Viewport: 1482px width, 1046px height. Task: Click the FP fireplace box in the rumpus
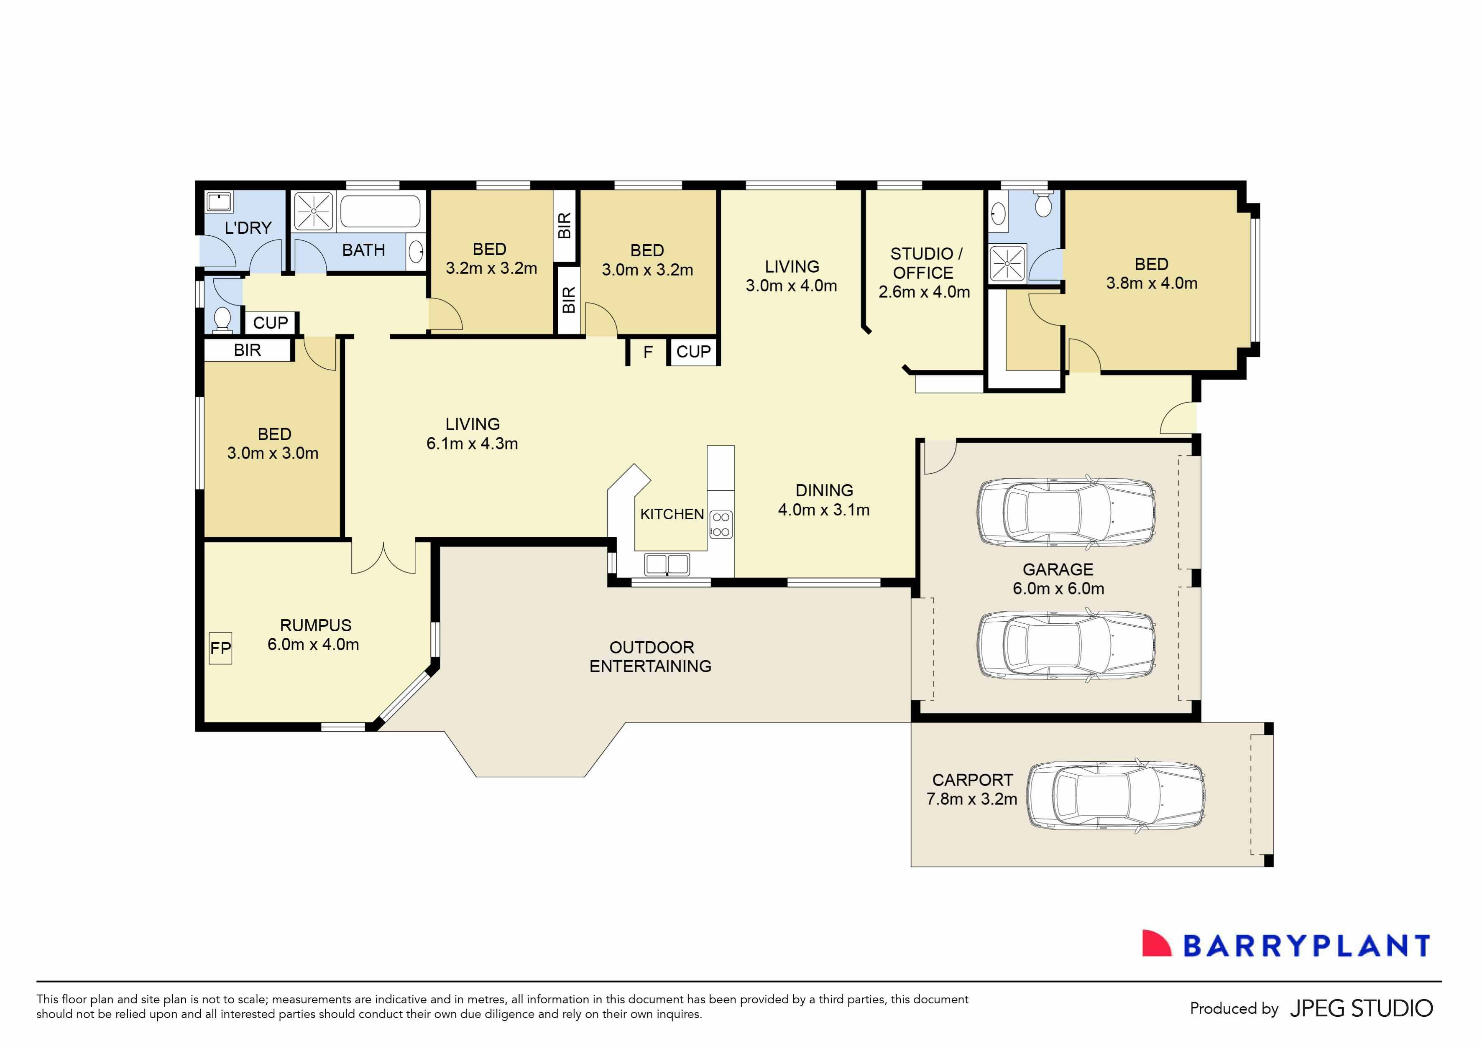pyautogui.click(x=220, y=648)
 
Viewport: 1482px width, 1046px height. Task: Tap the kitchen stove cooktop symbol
pyautogui.click(x=721, y=525)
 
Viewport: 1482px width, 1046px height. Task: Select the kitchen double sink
pyautogui.click(x=667, y=565)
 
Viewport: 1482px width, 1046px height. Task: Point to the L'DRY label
pyautogui.click(x=248, y=228)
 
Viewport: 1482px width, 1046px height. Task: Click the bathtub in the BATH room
pyautogui.click(x=380, y=210)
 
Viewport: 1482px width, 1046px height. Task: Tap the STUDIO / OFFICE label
pyautogui.click(x=924, y=263)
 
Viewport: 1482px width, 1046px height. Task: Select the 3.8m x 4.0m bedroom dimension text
pyautogui.click(x=1152, y=283)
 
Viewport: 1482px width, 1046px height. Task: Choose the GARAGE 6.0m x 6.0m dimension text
pyautogui.click(x=1058, y=589)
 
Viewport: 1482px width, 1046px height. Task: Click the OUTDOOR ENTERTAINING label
pyautogui.click(x=651, y=657)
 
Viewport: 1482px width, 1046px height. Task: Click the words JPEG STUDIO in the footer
pyautogui.click(x=1361, y=1008)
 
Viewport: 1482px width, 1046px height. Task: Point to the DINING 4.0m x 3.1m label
pyautogui.click(x=824, y=500)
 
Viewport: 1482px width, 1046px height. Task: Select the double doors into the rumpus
pyautogui.click(x=383, y=558)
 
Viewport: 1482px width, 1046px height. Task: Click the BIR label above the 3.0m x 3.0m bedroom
pyautogui.click(x=247, y=350)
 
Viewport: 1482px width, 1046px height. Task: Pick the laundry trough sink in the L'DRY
pyautogui.click(x=219, y=202)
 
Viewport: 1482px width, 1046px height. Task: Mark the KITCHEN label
pyautogui.click(x=671, y=514)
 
